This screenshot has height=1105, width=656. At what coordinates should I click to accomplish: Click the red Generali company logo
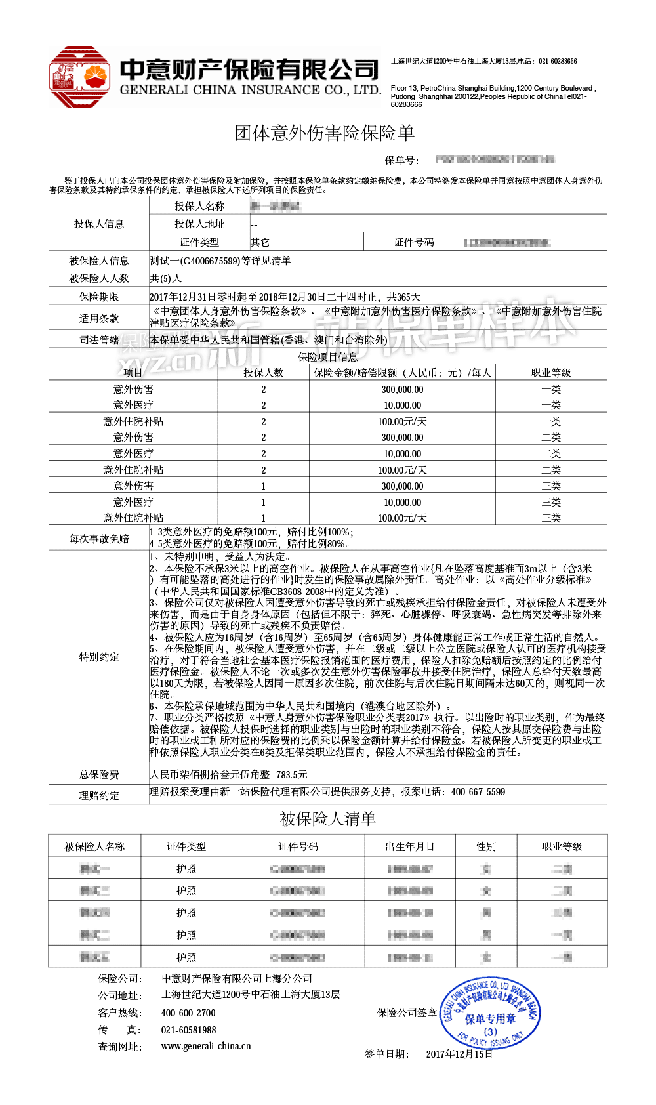click(x=79, y=77)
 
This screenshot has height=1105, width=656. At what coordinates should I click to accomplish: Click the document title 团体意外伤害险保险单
click(x=325, y=133)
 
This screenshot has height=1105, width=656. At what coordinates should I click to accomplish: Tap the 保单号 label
click(x=401, y=160)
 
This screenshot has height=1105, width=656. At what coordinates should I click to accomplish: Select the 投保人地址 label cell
click(x=199, y=224)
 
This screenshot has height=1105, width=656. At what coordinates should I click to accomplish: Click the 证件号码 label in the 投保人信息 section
click(x=414, y=242)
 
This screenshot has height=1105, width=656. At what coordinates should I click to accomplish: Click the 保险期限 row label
click(x=99, y=297)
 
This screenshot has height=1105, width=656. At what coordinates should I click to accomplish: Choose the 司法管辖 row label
click(x=99, y=340)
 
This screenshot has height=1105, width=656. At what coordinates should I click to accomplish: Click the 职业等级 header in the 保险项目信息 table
click(x=551, y=373)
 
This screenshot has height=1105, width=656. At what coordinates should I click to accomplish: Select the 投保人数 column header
click(x=264, y=373)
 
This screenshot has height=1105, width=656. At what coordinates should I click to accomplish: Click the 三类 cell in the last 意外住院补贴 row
click(x=551, y=518)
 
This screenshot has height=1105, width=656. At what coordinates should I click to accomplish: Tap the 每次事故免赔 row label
click(x=99, y=539)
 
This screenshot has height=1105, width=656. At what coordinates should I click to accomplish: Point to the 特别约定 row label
click(x=99, y=657)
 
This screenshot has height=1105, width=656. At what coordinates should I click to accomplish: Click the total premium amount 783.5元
click(x=291, y=774)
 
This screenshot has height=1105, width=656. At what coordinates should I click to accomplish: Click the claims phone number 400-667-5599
click(x=478, y=792)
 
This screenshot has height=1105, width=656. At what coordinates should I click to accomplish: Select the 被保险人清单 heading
click(x=327, y=819)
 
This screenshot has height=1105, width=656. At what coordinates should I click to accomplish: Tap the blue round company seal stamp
click(x=491, y=1013)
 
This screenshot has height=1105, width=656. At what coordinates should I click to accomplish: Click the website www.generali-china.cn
click(x=206, y=1046)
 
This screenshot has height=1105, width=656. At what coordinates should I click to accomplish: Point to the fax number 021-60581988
click(x=188, y=1030)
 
